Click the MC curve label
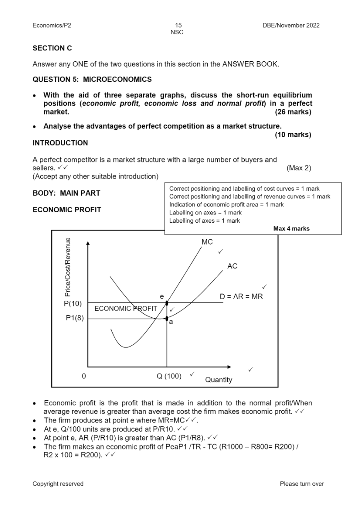point(207,242)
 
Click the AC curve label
point(232,266)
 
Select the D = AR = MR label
point(241,296)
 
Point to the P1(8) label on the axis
point(74,319)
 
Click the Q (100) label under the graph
point(169,376)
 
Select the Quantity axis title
point(218,380)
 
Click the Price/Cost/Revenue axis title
point(68,268)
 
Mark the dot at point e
point(167,303)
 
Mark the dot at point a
point(167,319)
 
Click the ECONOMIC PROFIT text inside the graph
point(125,309)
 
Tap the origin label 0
point(84,376)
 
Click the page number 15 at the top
point(178,26)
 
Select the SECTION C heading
point(52,48)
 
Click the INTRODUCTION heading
point(60,143)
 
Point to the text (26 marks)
point(293,112)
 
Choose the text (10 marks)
point(293,134)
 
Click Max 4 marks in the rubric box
point(291,229)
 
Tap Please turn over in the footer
point(301,483)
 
